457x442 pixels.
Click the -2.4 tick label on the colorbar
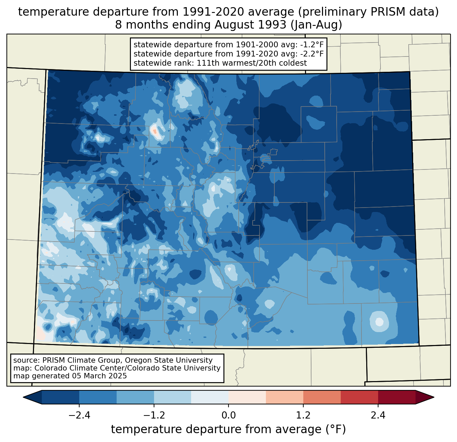coord(79,415)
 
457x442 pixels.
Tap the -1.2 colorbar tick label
coord(154,415)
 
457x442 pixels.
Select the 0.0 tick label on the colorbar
coord(228,415)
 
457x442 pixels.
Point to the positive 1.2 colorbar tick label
coord(303,415)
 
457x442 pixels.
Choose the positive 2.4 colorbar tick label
coord(378,415)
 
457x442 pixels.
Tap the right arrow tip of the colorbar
coord(433,397)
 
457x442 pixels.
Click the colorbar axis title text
coord(228,429)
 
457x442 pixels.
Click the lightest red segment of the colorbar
coord(247,397)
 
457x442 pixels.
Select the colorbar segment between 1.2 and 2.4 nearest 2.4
coord(359,397)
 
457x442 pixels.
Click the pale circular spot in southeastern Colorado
coord(379,321)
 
